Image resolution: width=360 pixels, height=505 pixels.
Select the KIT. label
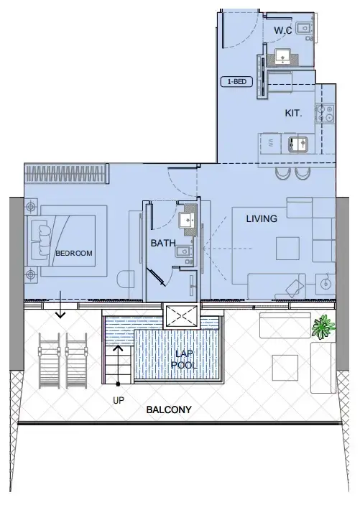pyautogui.click(x=292, y=113)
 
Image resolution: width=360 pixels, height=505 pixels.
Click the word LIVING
pyautogui.click(x=262, y=218)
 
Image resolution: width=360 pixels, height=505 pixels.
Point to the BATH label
pyautogui.click(x=162, y=244)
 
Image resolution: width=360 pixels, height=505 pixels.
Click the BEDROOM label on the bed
pyautogui.click(x=74, y=254)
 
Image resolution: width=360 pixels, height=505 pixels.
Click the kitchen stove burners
pyautogui.click(x=329, y=113)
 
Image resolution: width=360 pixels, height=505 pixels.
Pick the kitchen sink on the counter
pyautogui.click(x=297, y=143)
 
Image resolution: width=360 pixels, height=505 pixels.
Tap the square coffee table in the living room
pyautogui.click(x=288, y=249)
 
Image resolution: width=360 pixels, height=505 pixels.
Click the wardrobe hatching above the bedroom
pyautogui.click(x=66, y=172)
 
